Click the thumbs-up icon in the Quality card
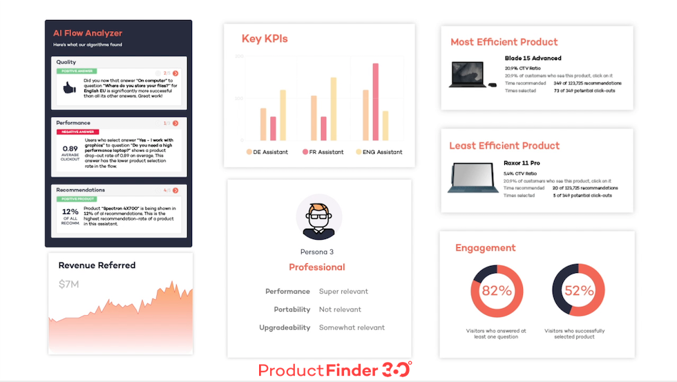(x=69, y=88)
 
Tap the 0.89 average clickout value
(x=70, y=149)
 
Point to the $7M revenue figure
(x=70, y=284)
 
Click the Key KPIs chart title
(x=265, y=39)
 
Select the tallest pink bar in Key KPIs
(x=376, y=102)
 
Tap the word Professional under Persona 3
(x=316, y=267)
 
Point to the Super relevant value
(x=343, y=292)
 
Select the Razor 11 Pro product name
(x=522, y=163)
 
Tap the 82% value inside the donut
(x=495, y=291)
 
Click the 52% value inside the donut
(x=579, y=291)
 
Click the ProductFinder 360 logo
(x=335, y=370)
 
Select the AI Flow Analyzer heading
(x=87, y=32)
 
